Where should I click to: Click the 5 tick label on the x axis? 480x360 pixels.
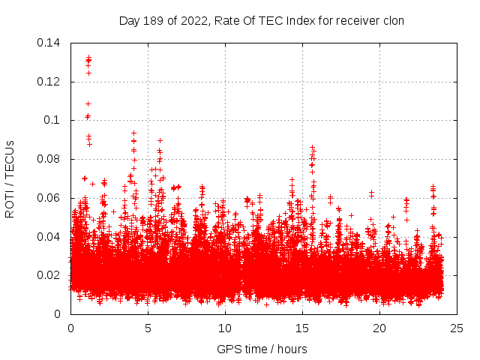point(148,328)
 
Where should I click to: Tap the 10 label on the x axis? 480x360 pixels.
point(225,328)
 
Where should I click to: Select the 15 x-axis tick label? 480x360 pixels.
point(302,328)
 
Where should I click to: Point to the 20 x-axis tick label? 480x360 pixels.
point(379,328)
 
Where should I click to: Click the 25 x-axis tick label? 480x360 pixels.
point(457,328)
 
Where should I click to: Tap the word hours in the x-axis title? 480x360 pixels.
point(291,349)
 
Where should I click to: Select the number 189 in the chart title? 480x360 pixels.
point(154,20)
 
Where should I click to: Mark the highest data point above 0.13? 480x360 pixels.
point(88,56)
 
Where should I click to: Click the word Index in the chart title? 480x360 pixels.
point(307,20)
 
